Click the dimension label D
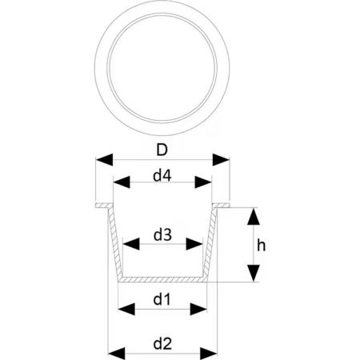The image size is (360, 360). pyautogui.click(x=162, y=150)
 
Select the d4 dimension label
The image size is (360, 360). pyautogui.click(x=162, y=176)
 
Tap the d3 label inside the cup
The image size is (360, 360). pyautogui.click(x=162, y=235)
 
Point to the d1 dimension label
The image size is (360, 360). pyautogui.click(x=162, y=300)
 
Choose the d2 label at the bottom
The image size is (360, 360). pyautogui.click(x=162, y=344)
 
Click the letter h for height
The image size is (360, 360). pyautogui.click(x=262, y=246)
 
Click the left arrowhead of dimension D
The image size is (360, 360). pyautogui.click(x=104, y=160)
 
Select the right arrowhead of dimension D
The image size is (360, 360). pyautogui.click(x=221, y=160)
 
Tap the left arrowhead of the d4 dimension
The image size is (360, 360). pyautogui.click(x=122, y=182)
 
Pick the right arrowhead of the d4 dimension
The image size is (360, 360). pyautogui.click(x=203, y=182)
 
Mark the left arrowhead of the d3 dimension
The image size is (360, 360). pyautogui.click(x=131, y=244)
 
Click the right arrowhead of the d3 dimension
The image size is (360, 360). pyautogui.click(x=194, y=244)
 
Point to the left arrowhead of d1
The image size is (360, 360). pyautogui.click(x=126, y=310)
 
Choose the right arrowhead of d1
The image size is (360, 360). pyautogui.click(x=198, y=310)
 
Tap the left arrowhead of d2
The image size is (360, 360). pyautogui.click(x=117, y=354)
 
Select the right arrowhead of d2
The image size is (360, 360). pyautogui.click(x=208, y=354)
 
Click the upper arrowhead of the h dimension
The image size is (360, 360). pyautogui.click(x=254, y=216)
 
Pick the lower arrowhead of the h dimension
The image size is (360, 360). pyautogui.click(x=254, y=273)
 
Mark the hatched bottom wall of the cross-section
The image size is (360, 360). pyautogui.click(x=162, y=279)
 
